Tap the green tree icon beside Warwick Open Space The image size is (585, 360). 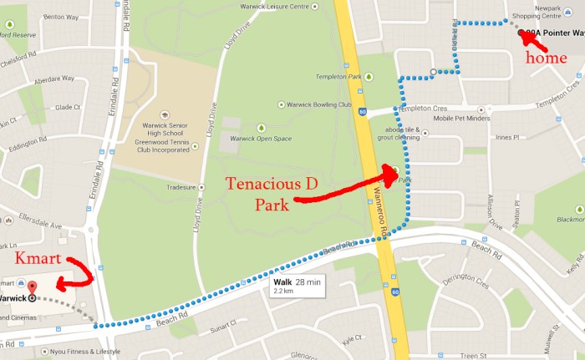tap(261, 127)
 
